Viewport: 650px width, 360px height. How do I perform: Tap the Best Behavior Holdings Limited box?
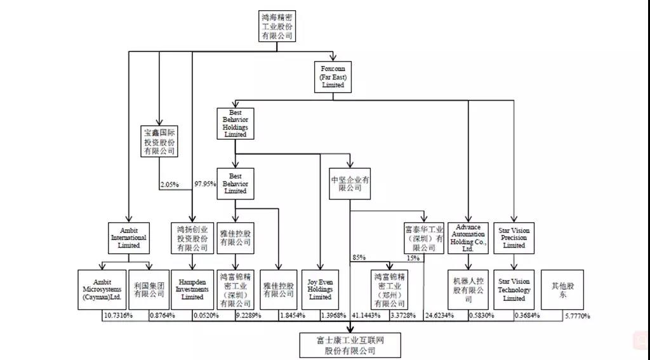click(x=235, y=122)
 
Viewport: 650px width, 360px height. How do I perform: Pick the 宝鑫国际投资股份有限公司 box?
click(x=159, y=142)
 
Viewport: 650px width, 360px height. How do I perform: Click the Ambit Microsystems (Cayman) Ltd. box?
click(x=102, y=290)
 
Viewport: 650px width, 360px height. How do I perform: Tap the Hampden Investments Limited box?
click(x=192, y=290)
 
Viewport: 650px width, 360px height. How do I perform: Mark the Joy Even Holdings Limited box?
click(x=320, y=290)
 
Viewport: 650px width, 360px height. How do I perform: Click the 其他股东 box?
click(x=562, y=290)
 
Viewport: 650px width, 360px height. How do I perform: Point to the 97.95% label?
click(x=204, y=184)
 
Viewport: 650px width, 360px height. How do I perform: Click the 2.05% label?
click(x=169, y=184)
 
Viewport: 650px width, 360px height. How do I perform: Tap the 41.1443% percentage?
click(x=366, y=316)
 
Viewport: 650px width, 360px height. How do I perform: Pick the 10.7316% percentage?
click(x=117, y=316)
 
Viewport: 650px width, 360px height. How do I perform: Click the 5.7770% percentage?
click(x=577, y=316)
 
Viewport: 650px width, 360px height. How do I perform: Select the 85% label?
click(x=359, y=258)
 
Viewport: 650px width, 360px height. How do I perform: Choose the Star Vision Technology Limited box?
click(x=514, y=290)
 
